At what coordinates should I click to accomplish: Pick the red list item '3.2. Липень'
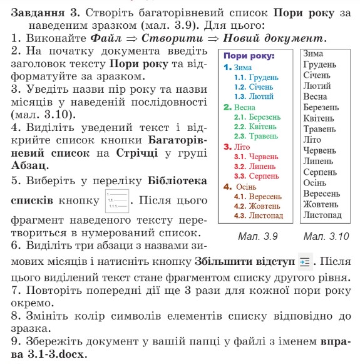[257, 166]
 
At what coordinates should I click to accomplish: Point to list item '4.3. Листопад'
[258, 216]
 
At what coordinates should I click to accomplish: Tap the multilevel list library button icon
[116, 201]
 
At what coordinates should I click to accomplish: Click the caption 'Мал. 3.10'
[326, 237]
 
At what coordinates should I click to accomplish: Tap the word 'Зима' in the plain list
[312, 55]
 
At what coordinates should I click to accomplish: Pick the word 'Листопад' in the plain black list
[322, 215]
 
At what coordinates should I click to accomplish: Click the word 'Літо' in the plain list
[312, 140]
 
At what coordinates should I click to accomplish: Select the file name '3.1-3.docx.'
[57, 353]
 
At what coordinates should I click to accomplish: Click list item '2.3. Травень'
[257, 137]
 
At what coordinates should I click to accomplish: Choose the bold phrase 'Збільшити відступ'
[244, 262]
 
